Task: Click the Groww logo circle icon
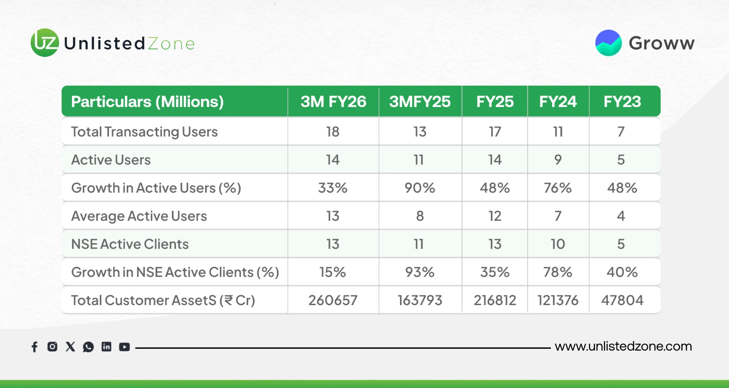(608, 43)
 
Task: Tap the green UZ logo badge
(45, 43)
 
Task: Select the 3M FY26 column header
(333, 102)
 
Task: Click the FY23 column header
(622, 102)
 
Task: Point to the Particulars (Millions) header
(147, 102)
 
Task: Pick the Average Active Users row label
(139, 216)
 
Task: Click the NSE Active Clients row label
(130, 244)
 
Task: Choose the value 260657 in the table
(333, 300)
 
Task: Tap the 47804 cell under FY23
(622, 300)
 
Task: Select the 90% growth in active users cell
(420, 188)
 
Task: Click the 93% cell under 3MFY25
(420, 272)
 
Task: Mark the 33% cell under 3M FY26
(333, 188)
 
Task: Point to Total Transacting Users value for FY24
(558, 132)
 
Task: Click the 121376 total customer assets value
(558, 300)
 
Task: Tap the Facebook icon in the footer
(35, 347)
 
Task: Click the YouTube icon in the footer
(124, 347)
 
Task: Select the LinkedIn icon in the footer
(106, 347)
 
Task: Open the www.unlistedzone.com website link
(623, 347)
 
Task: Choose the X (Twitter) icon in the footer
(70, 347)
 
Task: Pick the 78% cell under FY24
(558, 272)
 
